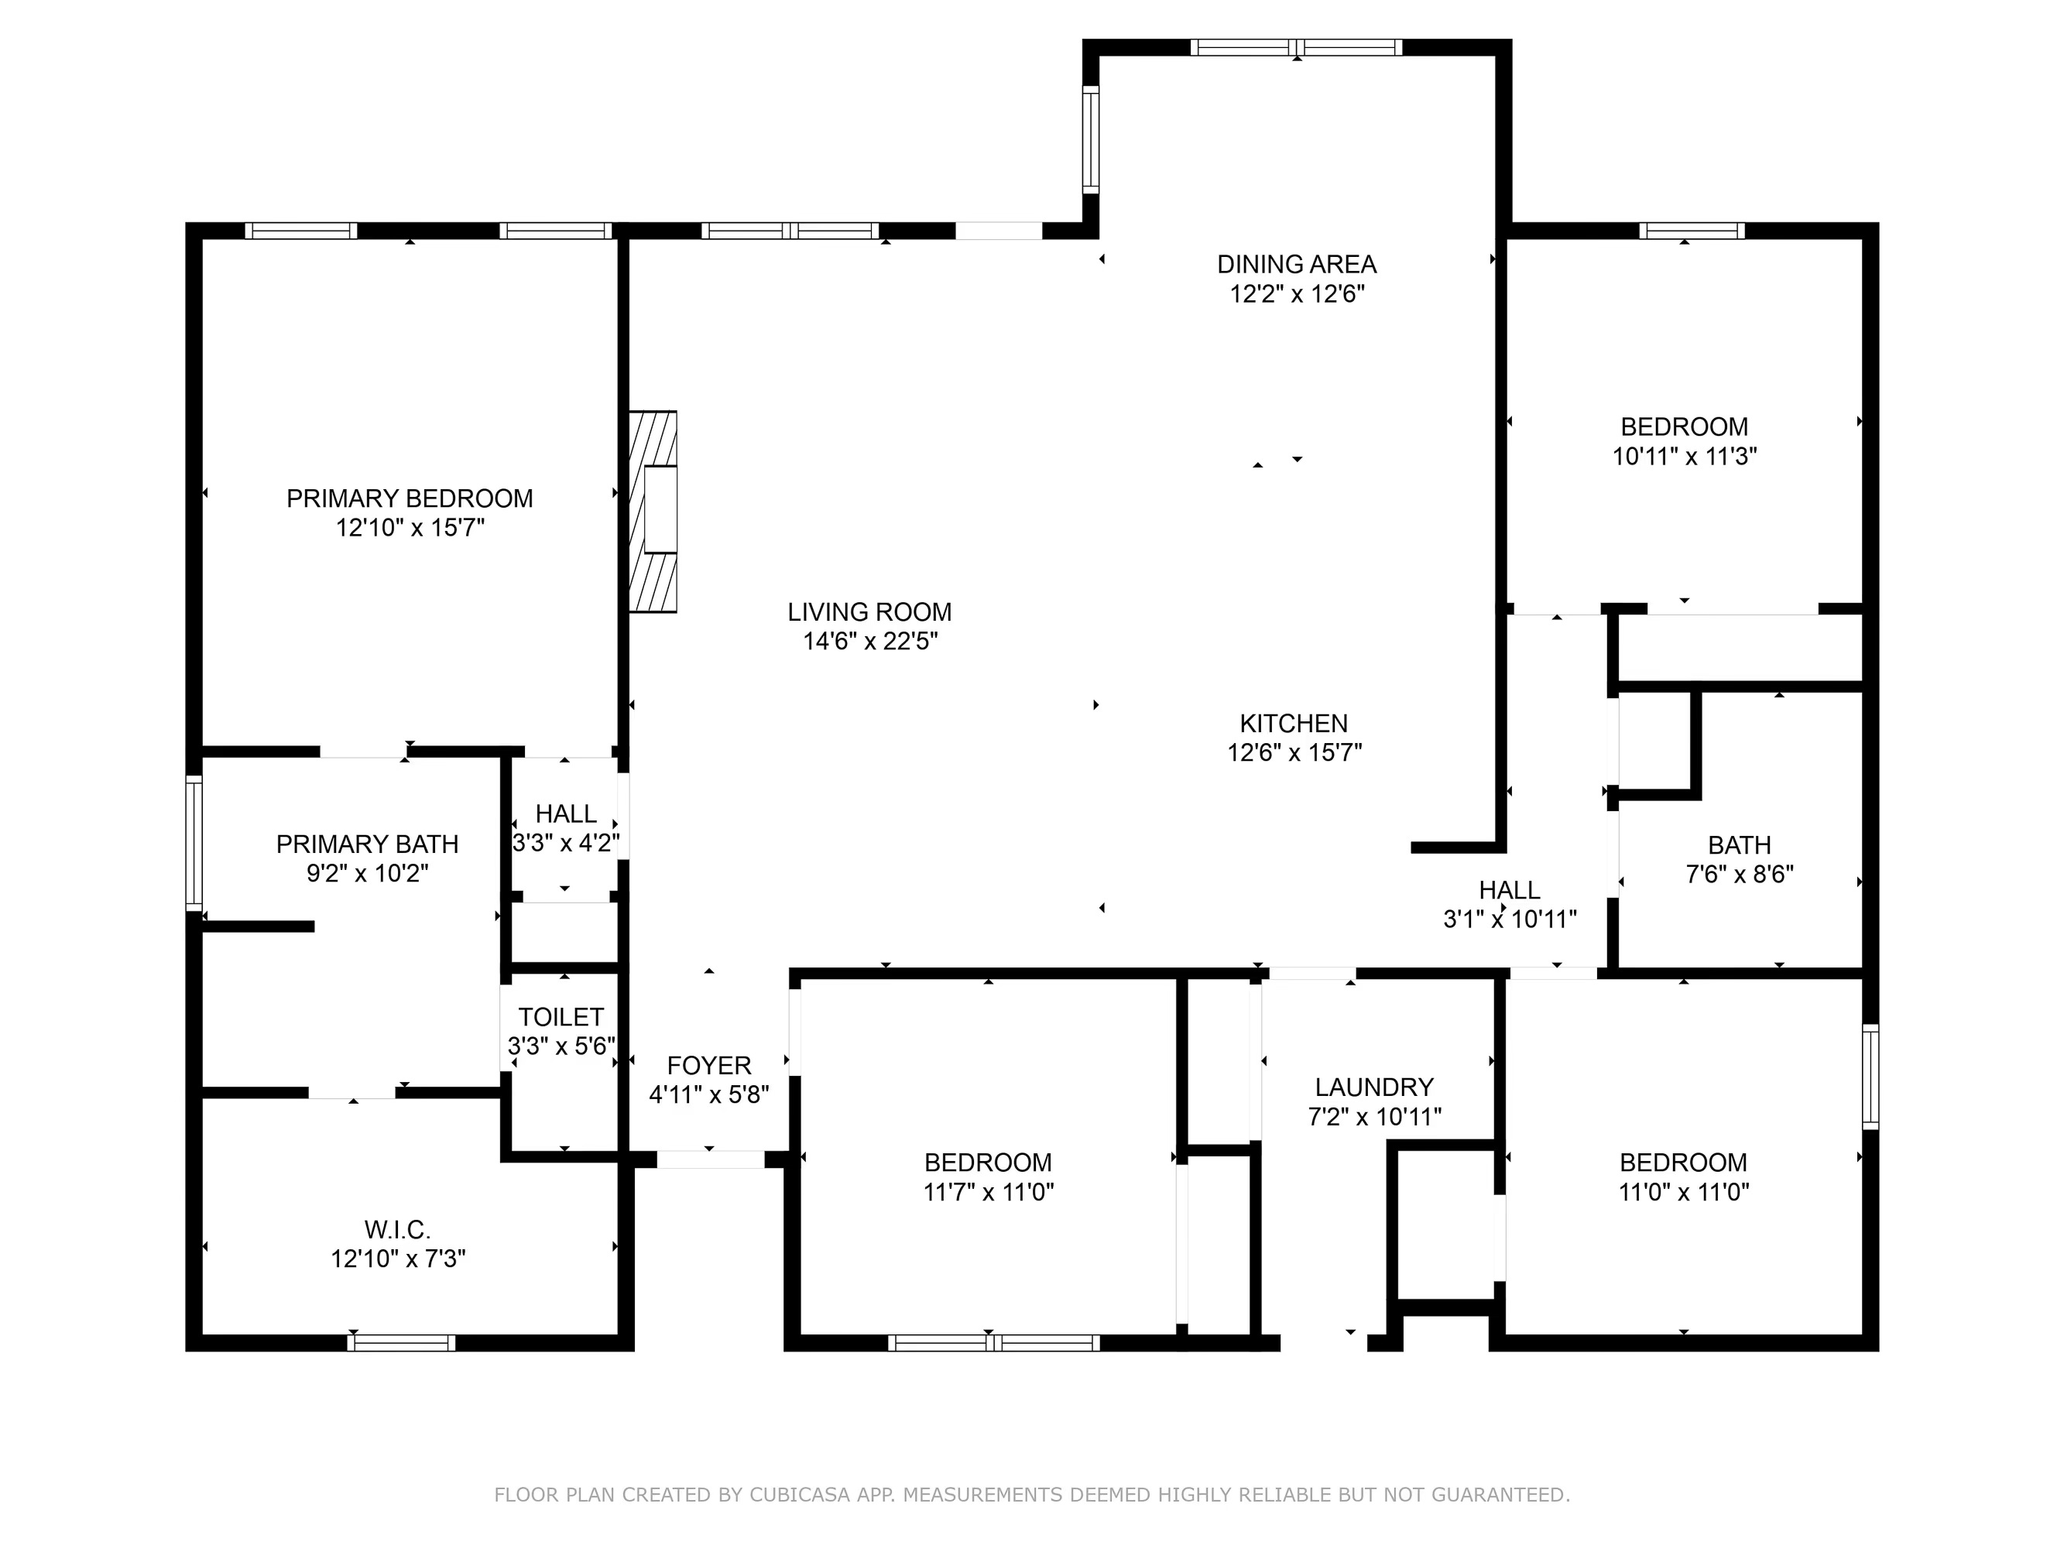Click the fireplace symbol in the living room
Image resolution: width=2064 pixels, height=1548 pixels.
coord(653,512)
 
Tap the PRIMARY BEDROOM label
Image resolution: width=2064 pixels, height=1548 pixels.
coord(410,498)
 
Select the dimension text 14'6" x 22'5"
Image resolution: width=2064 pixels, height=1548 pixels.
coord(869,641)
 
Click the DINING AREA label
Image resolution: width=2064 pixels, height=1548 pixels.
coord(1296,264)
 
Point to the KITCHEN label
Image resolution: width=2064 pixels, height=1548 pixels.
coord(1293,723)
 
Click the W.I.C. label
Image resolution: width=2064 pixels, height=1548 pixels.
coord(397,1229)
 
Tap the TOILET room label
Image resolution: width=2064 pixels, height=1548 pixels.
coord(561,1017)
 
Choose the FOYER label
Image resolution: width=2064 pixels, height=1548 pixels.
coord(708,1066)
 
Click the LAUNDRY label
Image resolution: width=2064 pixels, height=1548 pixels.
coord(1373,1087)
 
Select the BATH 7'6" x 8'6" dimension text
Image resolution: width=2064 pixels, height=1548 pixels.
coord(1740,875)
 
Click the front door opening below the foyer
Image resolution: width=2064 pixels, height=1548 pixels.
coord(710,1159)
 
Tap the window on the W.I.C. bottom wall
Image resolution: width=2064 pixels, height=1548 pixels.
coord(401,1343)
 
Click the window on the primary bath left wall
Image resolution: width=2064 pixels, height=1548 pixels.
coord(194,843)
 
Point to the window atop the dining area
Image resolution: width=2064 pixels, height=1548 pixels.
coord(1296,47)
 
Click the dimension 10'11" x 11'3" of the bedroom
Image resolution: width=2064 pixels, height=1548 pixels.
coord(1684,457)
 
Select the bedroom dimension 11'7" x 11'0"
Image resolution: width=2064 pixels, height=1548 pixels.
coord(988,1191)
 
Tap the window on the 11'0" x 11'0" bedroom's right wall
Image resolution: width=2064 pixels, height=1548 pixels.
coord(1870,1077)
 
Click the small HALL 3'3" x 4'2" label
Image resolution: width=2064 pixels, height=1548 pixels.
coord(565,813)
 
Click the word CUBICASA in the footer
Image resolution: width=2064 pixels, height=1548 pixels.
coord(799,1495)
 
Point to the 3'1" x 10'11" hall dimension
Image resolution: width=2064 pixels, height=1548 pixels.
coord(1510,919)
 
